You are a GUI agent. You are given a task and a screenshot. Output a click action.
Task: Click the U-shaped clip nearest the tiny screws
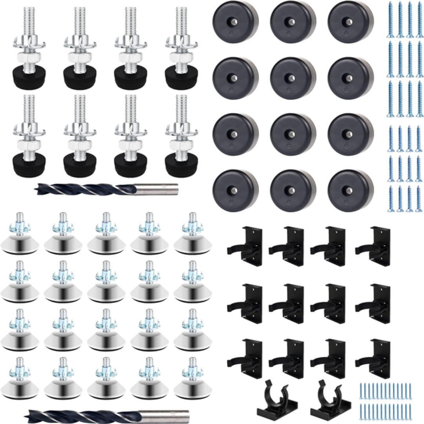click(325, 400)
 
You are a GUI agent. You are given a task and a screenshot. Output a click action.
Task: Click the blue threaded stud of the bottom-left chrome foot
click(19, 363)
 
